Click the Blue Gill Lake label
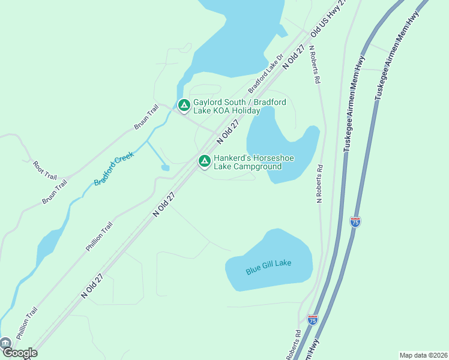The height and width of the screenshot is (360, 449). tap(268, 266)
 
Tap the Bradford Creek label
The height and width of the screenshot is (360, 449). tap(113, 169)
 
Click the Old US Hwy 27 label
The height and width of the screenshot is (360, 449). tap(329, 16)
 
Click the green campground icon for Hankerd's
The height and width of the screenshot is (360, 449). tap(205, 161)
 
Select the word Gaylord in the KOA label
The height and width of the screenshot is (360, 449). tap(208, 102)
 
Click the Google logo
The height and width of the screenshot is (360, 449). tap(20, 353)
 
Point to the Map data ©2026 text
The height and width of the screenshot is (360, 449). tap(424, 355)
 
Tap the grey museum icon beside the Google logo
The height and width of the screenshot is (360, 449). tap(5, 343)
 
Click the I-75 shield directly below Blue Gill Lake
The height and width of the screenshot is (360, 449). tap(312, 320)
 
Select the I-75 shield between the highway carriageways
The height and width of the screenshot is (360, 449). tap(355, 221)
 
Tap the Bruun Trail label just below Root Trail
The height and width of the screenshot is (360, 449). tap(54, 191)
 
